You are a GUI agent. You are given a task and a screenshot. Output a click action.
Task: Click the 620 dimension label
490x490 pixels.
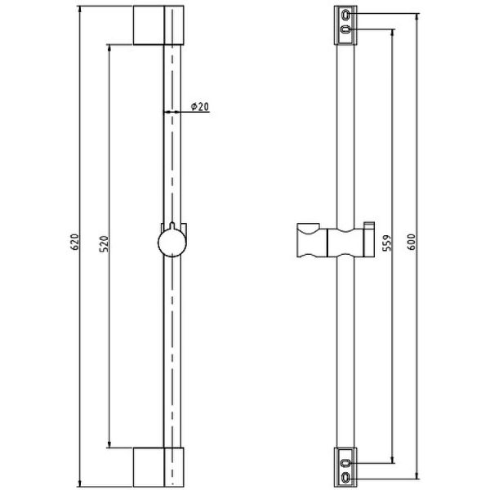click(74, 242)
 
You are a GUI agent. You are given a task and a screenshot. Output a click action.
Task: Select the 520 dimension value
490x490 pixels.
click(105, 244)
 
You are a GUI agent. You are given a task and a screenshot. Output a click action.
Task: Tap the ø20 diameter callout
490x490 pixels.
click(200, 106)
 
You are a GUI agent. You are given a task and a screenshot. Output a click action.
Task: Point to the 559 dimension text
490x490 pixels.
click(387, 243)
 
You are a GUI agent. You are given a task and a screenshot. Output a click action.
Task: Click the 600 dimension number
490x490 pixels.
click(412, 242)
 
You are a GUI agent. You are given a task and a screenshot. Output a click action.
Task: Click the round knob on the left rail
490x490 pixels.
click(172, 243)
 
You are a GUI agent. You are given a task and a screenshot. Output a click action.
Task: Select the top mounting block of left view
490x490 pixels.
click(158, 25)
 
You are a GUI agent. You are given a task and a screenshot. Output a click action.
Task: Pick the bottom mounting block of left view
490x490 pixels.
click(158, 467)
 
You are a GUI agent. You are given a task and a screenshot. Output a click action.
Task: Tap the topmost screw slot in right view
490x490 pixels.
click(345, 15)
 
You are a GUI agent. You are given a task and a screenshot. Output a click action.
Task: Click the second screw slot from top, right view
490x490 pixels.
click(345, 29)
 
